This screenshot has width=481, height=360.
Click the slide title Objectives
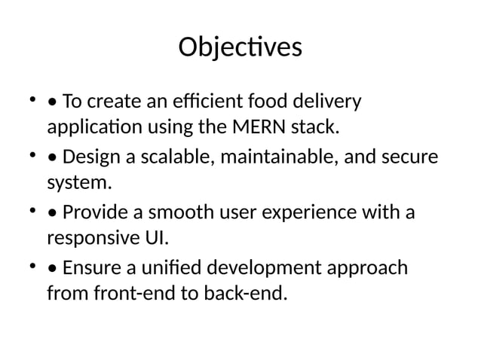[x=240, y=47]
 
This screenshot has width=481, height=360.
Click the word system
[x=78, y=183]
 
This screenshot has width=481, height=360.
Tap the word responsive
[x=90, y=239]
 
